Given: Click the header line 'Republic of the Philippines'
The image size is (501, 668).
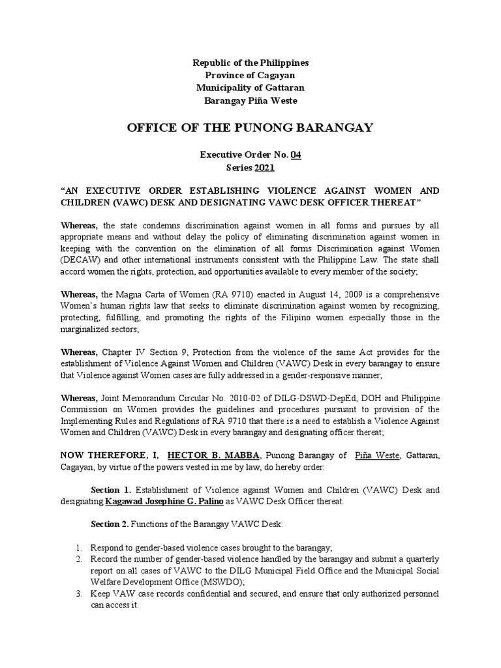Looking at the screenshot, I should [250, 63].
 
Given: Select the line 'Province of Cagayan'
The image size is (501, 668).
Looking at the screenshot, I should [250, 75].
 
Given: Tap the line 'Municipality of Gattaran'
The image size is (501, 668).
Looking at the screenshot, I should [250, 87].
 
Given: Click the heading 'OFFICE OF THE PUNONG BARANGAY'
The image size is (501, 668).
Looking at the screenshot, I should [250, 127].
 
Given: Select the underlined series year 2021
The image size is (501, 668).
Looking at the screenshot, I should [264, 168].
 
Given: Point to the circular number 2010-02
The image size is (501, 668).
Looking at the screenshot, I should [240, 398].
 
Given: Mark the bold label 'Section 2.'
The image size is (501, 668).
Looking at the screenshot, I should [110, 525].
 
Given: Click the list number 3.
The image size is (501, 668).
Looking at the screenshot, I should [78, 594].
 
